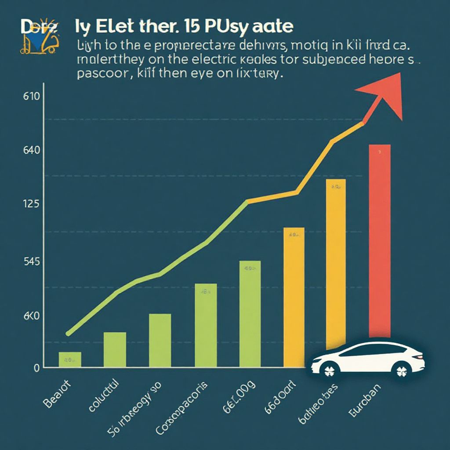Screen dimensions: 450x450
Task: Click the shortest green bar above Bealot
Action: click(x=70, y=359)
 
